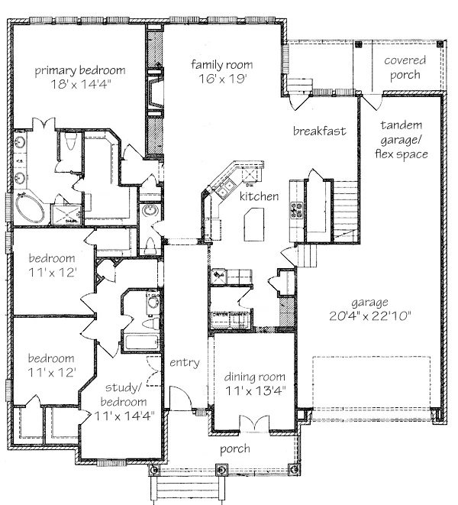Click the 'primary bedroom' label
pyautogui.click(x=80, y=70)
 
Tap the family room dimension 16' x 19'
pyautogui.click(x=222, y=79)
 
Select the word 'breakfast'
pyautogui.click(x=320, y=131)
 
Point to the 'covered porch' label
pyautogui.click(x=405, y=67)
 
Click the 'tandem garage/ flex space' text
pyautogui.click(x=402, y=140)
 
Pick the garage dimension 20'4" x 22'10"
pyautogui.click(x=370, y=316)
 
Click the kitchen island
pyautogui.click(x=254, y=224)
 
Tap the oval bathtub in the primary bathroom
pyautogui.click(x=30, y=208)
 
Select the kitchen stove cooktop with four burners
pyautogui.click(x=297, y=210)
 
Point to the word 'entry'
pyautogui.click(x=185, y=363)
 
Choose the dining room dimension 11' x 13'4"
pyautogui.click(x=256, y=390)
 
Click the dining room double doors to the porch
pyautogui.click(x=255, y=422)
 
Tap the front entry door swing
pyautogui.click(x=180, y=397)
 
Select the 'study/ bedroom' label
pyautogui.click(x=124, y=394)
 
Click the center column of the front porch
pyautogui.click(x=221, y=470)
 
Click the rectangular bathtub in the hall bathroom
pyautogui.click(x=142, y=342)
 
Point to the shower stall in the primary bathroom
pyautogui.click(x=66, y=215)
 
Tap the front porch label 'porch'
pyautogui.click(x=235, y=449)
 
